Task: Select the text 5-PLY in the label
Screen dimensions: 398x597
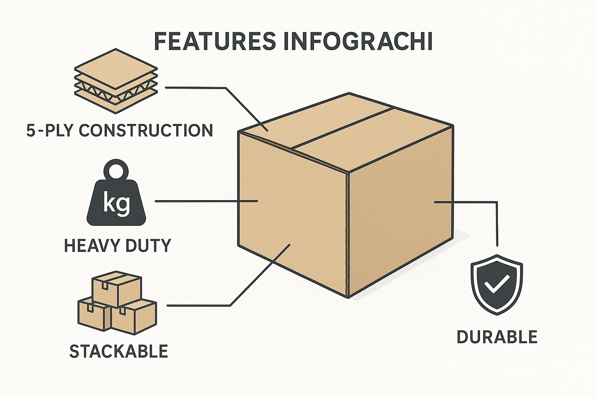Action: pyautogui.click(x=49, y=130)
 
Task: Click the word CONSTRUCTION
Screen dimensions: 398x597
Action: pyautogui.click(x=146, y=130)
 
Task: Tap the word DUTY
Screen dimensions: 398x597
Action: pyautogui.click(x=149, y=246)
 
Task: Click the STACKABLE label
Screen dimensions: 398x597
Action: pyautogui.click(x=119, y=351)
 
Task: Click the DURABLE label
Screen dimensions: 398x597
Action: pyautogui.click(x=497, y=337)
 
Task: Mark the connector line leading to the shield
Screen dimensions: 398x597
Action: pyautogui.click(x=497, y=222)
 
